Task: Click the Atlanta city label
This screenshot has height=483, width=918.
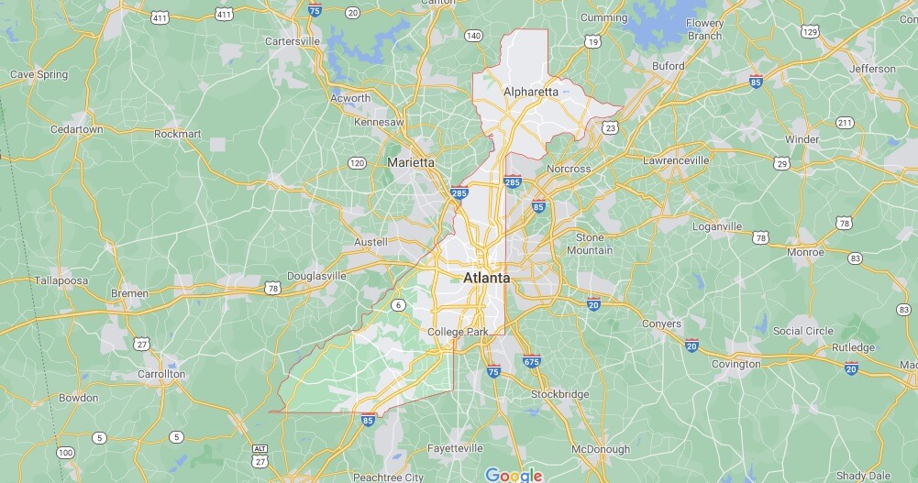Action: (486, 277)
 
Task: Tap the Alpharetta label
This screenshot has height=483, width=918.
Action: (531, 92)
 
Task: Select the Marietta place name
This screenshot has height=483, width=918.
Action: (411, 162)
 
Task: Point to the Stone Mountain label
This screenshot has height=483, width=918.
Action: (590, 244)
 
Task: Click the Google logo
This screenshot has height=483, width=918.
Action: (514, 475)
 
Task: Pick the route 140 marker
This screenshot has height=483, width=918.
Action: (473, 36)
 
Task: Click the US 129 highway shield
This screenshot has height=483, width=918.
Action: (809, 32)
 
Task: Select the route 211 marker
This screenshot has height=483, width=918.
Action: (844, 123)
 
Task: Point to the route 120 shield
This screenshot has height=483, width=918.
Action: (357, 163)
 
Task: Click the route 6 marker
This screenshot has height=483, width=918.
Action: (398, 305)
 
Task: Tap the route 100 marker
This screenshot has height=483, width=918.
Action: (65, 452)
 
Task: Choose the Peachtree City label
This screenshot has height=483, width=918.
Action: (389, 478)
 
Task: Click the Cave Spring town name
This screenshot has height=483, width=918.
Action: (39, 74)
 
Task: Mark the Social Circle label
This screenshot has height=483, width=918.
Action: (802, 331)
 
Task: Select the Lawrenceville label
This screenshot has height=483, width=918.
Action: (676, 160)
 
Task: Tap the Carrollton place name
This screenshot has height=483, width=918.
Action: (161, 374)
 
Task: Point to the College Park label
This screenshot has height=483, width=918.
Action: (459, 332)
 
